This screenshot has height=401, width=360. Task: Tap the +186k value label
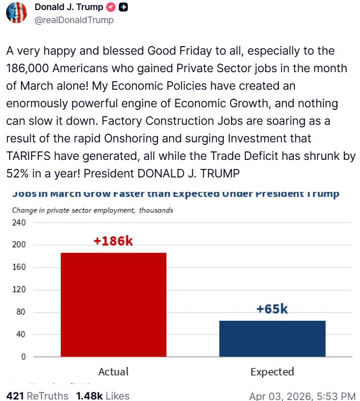pyautogui.click(x=113, y=241)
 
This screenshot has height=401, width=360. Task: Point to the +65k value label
pyautogui.click(x=272, y=309)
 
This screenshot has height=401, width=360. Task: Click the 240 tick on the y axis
pyautogui.click(x=19, y=223)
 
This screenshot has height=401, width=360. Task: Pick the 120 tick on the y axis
pyautogui.click(x=19, y=290)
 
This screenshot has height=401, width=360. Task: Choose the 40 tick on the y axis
pyautogui.click(x=21, y=334)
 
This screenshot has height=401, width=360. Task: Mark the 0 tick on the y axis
pyautogui.click(x=23, y=357)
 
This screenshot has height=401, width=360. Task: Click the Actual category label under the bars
pyautogui.click(x=113, y=372)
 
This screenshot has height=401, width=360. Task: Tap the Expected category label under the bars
pyautogui.click(x=272, y=372)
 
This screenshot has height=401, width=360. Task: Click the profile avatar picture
pyautogui.click(x=17, y=12)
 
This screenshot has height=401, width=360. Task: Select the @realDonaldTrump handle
pyautogui.click(x=74, y=20)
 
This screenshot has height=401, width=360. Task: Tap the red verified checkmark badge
pyautogui.click(x=111, y=8)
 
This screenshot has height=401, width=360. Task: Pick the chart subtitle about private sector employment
pyautogui.click(x=93, y=210)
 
